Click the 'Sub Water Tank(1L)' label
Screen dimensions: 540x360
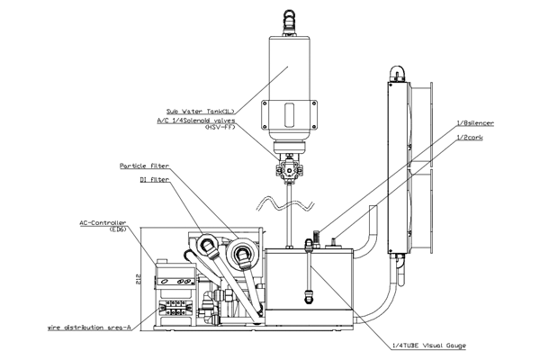tap(201, 112)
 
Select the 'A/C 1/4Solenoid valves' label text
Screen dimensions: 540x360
tap(196, 121)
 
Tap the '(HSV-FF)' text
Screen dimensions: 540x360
tap(220, 127)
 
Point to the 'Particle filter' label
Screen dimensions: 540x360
tap(145, 166)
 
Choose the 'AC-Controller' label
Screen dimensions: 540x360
tap(103, 223)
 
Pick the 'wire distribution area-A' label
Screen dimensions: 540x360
tap(89, 328)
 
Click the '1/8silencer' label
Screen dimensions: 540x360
tap(475, 123)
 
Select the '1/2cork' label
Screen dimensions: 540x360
tap(470, 138)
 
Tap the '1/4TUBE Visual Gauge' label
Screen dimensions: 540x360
tap(429, 346)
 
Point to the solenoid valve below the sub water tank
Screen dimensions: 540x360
tap(289, 168)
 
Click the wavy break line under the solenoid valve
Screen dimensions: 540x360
tap(284, 203)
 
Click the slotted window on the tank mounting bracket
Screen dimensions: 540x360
tap(289, 114)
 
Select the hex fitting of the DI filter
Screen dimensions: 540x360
tap(208, 246)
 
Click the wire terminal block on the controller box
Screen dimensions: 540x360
tap(175, 308)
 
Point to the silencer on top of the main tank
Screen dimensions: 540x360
tap(316, 238)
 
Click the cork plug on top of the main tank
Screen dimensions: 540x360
tap(334, 242)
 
